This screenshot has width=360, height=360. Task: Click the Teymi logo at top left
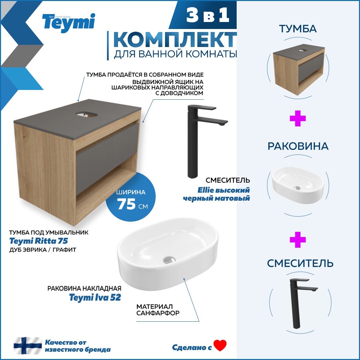(x=68, y=23)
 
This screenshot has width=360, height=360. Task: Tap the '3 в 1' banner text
(x=208, y=16)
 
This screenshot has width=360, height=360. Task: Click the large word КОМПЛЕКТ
(x=175, y=40)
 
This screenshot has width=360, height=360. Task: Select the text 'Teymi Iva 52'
(x=95, y=297)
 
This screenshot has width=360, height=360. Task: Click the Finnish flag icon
(x=28, y=345)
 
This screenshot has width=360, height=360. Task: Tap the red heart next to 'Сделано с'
(x=220, y=345)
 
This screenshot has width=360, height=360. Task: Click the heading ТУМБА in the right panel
(x=298, y=29)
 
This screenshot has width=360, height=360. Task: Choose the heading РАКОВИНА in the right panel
(x=298, y=146)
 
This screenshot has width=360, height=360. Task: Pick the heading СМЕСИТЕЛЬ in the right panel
(x=300, y=263)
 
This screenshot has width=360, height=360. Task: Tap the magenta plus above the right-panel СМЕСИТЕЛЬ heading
(x=298, y=240)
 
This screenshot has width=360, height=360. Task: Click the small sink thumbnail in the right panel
(x=298, y=186)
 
